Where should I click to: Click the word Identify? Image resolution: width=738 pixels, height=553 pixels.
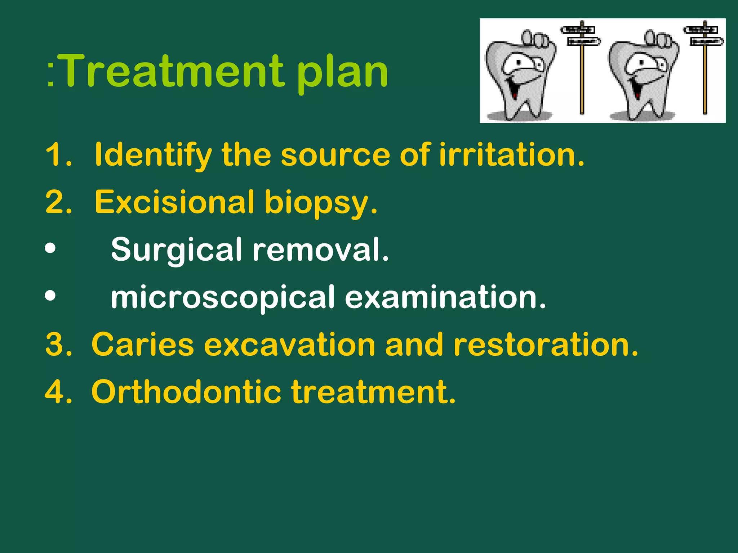[x=153, y=155]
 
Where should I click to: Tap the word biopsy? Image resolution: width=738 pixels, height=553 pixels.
[x=320, y=203]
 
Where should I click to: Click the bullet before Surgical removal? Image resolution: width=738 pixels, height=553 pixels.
[x=50, y=249]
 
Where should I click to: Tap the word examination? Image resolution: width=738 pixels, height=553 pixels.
[x=445, y=297]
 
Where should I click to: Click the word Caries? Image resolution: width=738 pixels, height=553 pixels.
[x=143, y=345]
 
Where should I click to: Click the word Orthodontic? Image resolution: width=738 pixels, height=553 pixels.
[x=186, y=392]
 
